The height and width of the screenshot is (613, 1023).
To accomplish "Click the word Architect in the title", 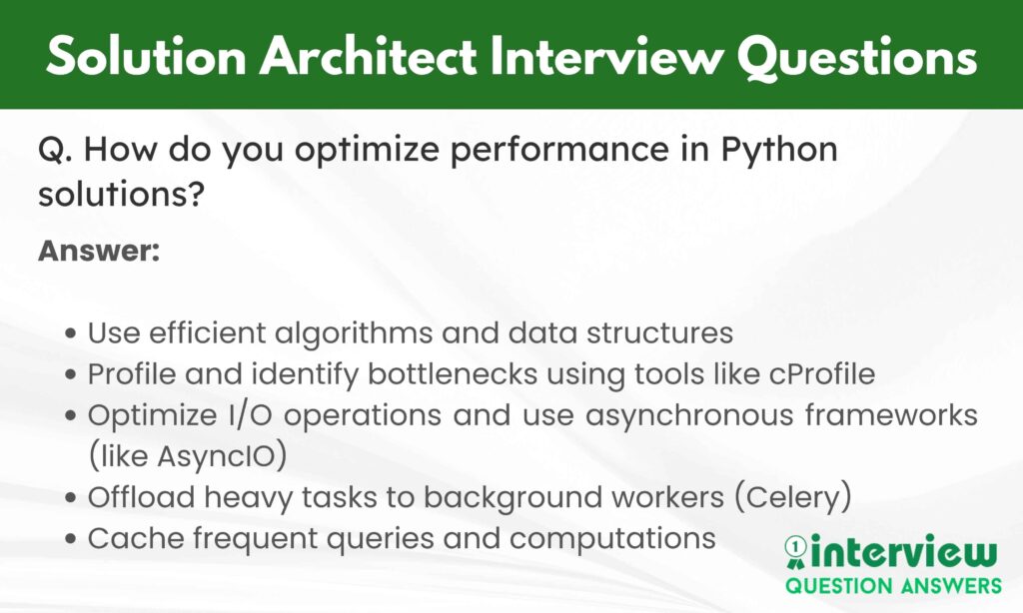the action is click(368, 57).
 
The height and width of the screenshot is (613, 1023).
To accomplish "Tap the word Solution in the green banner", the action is click(146, 57).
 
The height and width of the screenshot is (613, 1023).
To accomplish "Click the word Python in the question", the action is click(779, 151).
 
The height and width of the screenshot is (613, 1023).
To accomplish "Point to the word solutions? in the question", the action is click(121, 194).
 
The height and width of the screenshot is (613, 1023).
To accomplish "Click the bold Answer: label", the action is click(99, 251).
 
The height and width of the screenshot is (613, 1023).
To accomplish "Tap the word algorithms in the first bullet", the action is click(353, 333).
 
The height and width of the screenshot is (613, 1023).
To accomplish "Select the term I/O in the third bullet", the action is click(250, 415).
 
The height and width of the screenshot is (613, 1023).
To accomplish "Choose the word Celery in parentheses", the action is click(792, 497).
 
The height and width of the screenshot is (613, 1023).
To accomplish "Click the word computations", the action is click(612, 539).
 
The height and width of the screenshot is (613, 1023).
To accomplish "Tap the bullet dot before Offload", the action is click(71, 498).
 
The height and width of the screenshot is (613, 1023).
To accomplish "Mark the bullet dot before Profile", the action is click(71, 375).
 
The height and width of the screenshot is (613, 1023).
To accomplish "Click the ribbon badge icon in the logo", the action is click(795, 552).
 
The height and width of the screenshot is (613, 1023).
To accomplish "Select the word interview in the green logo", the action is click(903, 552).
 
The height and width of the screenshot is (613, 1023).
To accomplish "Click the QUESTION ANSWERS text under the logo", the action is click(893, 585).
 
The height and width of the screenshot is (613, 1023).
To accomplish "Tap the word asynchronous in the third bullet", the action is click(688, 415).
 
